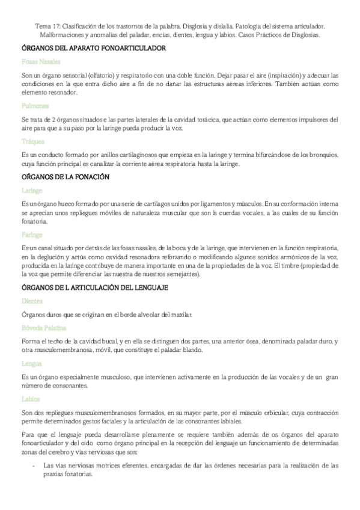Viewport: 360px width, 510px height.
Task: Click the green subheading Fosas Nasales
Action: tap(40, 61)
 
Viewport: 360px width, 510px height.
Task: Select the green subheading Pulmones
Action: tap(35, 105)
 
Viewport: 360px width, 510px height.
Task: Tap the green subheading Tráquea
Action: tap(34, 142)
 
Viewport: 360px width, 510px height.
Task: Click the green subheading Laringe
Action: tap(32, 189)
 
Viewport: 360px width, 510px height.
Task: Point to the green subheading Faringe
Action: tap(32, 234)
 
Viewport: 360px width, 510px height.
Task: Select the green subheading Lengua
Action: tap(32, 363)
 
